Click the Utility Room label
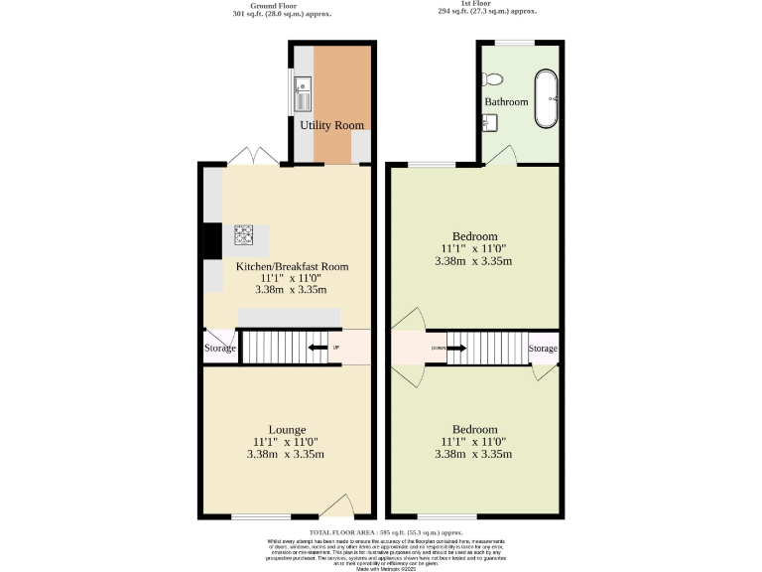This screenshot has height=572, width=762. [x=332, y=125]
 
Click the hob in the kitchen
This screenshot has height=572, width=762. [x=244, y=235]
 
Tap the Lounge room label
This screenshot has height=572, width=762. [x=286, y=429]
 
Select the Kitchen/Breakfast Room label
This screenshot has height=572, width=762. [x=292, y=266]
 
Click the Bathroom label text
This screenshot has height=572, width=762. [x=506, y=102]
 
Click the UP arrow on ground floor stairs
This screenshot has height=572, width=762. [x=320, y=348]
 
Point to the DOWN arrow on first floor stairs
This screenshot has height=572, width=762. [x=456, y=349]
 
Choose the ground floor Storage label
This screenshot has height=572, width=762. [x=220, y=349]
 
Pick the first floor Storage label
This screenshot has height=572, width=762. [x=543, y=349]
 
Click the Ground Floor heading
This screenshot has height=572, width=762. [x=277, y=5]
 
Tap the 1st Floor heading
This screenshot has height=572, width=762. [x=486, y=4]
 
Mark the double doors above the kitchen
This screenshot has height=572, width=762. [x=252, y=156]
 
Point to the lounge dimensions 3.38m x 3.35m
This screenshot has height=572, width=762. [x=286, y=455]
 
